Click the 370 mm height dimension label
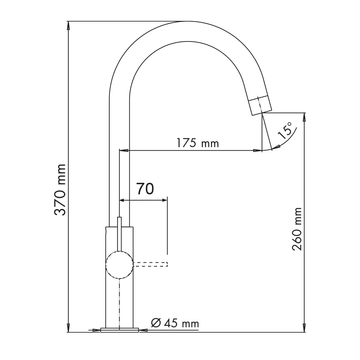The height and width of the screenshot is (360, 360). tap(60, 190)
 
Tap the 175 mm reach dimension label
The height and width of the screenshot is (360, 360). tap(197, 143)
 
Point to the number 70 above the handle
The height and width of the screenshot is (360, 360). tap(145, 189)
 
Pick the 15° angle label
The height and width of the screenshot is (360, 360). tap(285, 131)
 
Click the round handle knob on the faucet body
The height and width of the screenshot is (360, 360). tap(119, 265)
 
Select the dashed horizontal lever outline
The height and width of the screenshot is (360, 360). tap(150, 264)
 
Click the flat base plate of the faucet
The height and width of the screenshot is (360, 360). tap(120, 330)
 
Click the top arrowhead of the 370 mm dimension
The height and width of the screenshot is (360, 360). tap(68, 26)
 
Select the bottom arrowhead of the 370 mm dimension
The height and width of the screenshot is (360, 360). tap(68, 328)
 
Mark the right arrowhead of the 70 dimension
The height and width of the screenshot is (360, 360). tap(164, 200)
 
